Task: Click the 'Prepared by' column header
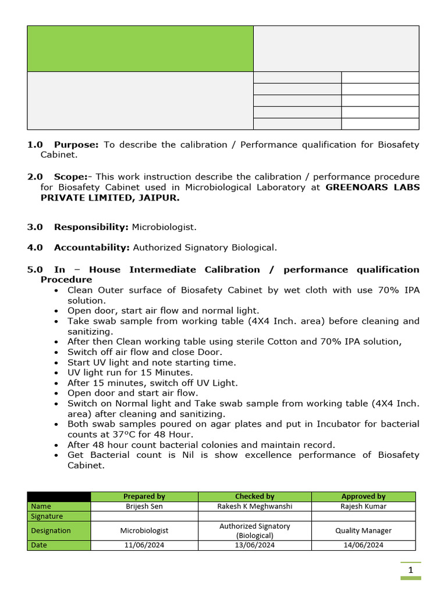pos(144,496)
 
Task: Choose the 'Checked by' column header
pos(254,496)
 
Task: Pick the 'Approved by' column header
pos(363,496)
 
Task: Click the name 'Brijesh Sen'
pos(144,506)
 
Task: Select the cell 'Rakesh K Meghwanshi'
pos(254,506)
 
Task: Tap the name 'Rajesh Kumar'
pos(363,506)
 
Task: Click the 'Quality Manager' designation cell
pos(363,531)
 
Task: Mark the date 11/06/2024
pos(144,545)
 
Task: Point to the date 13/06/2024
pos(254,545)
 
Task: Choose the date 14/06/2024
pos(363,545)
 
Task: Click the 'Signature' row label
pos(47,516)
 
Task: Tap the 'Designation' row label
pos(51,531)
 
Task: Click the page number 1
pos(410,571)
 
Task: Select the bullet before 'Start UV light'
pos(55,363)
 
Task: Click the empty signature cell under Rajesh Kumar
pos(363,516)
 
